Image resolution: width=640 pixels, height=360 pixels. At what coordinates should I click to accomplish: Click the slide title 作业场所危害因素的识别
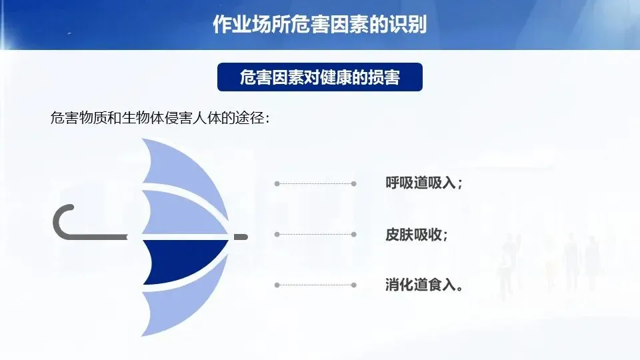(x=319, y=24)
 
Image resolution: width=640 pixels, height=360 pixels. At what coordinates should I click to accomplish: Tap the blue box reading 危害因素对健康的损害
(x=319, y=77)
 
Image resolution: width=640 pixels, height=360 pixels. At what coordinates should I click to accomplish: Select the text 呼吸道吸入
(x=421, y=183)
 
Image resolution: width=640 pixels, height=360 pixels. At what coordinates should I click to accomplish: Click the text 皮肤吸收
(x=413, y=235)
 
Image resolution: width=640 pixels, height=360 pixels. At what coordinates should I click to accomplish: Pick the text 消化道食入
(x=421, y=285)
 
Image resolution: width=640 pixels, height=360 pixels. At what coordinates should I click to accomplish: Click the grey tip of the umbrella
(x=241, y=237)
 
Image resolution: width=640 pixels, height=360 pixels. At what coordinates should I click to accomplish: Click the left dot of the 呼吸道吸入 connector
(x=277, y=184)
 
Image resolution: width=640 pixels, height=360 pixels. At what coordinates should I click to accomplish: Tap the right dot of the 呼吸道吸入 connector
(x=354, y=184)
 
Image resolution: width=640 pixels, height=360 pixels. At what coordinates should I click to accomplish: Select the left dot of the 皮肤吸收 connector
(x=277, y=234)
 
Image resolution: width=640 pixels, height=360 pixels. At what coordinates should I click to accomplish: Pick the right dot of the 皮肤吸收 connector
(x=354, y=234)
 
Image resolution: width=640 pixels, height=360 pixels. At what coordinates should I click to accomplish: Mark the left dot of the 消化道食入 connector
(x=277, y=285)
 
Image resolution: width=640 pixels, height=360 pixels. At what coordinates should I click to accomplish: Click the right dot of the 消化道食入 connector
(x=354, y=285)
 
